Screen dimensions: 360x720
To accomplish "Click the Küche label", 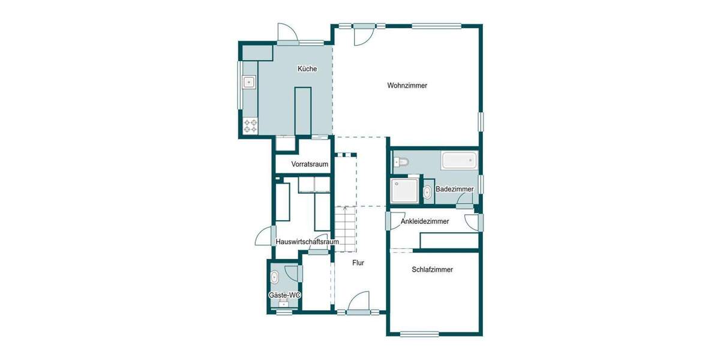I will (307, 69).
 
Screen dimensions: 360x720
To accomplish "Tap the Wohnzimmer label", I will (407, 86).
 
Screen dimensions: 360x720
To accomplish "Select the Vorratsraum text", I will (310, 164).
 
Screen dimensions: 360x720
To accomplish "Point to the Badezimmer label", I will (454, 189).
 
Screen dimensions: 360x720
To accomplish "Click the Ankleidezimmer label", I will (424, 221).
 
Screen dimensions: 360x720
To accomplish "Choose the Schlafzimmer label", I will (432, 269).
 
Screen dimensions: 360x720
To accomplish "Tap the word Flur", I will (358, 262).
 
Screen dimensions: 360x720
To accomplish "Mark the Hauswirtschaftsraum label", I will (307, 242).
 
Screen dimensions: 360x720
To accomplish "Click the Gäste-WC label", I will (284, 295).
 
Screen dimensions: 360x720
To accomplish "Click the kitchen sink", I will (248, 82).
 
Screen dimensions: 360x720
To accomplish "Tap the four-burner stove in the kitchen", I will (250, 126).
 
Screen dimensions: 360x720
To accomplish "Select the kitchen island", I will (303, 111).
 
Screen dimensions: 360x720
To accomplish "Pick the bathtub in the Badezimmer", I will (459, 160).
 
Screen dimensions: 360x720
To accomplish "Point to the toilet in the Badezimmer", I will (401, 161).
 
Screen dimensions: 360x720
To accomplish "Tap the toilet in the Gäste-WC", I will (275, 277).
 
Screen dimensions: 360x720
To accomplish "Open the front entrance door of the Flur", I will (359, 302).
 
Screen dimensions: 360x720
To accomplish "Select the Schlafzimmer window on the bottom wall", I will (419, 334).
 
